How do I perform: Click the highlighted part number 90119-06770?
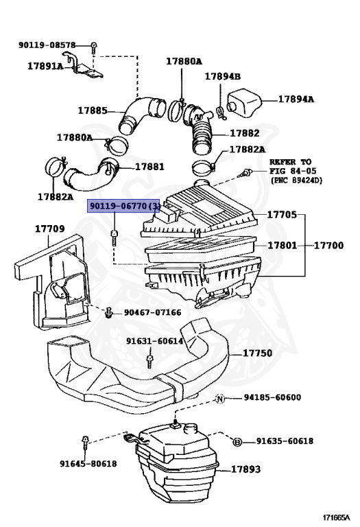pyautogui.click(x=124, y=205)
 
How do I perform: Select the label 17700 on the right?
pyautogui.click(x=329, y=245)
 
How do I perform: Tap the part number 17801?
pyautogui.click(x=282, y=245)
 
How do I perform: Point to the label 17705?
pyautogui.click(x=282, y=215)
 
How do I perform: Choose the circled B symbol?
pyautogui.click(x=237, y=441)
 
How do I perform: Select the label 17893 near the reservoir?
pyautogui.click(x=245, y=470)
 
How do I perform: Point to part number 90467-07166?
pyautogui.click(x=152, y=313)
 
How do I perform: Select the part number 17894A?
pyautogui.click(x=296, y=99)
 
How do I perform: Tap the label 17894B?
pyautogui.click(x=223, y=77)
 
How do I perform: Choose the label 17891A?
pyautogui.click(x=45, y=67)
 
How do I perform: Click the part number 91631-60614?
pyautogui.click(x=154, y=341)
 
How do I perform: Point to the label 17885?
pyautogui.click(x=92, y=110)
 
